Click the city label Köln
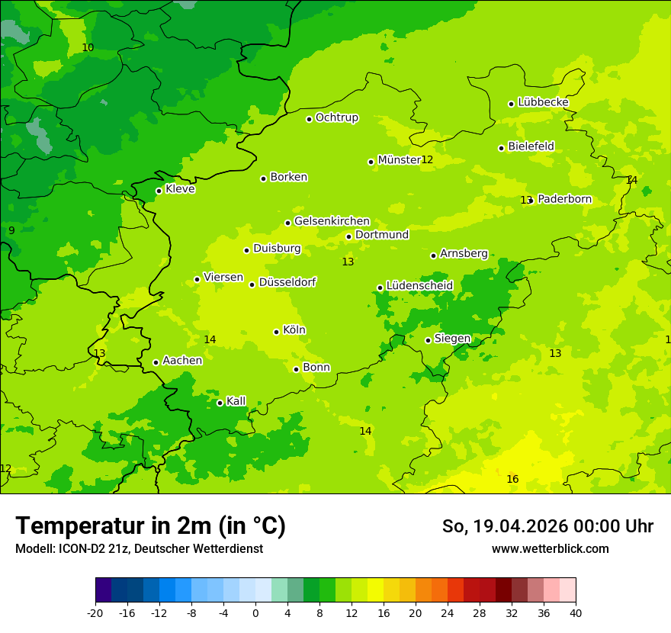coord(294,330)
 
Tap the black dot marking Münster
coord(371,162)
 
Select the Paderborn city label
coord(564,199)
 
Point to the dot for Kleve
coord(159,191)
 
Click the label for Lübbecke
coord(543,102)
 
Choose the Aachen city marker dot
coord(156,362)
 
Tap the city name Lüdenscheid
coord(419,285)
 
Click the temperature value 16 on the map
coord(512,479)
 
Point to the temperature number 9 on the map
coord(11,230)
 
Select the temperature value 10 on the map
coord(88,47)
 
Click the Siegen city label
coord(452,338)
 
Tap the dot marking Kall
coord(220,403)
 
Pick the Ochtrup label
coord(336,117)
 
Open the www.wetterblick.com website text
coord(550,548)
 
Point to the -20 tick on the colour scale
coord(95,612)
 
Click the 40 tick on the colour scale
coord(575,612)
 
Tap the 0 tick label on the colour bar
coord(255,612)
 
